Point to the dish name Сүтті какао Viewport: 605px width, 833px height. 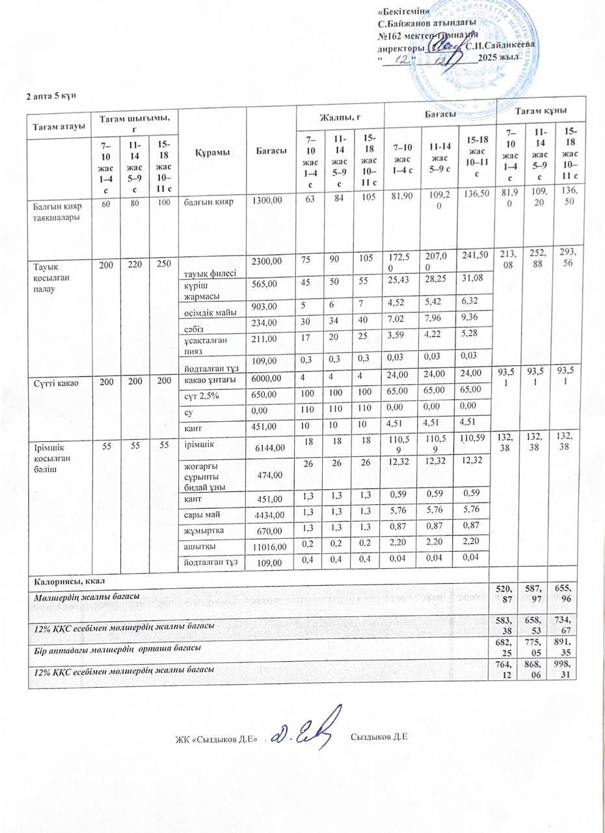coord(57,383)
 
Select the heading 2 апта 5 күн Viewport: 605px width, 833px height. coord(51,96)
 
